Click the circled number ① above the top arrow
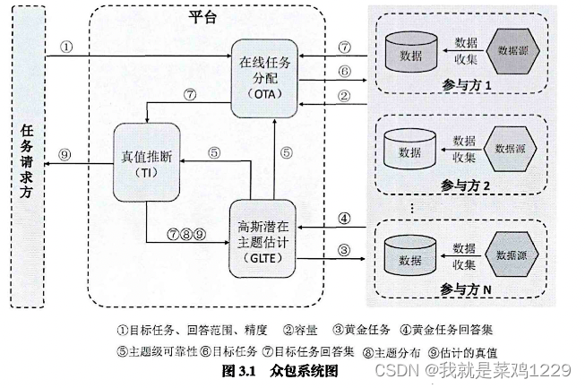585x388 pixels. (67, 47)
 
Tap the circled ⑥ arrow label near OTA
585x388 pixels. (343, 71)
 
